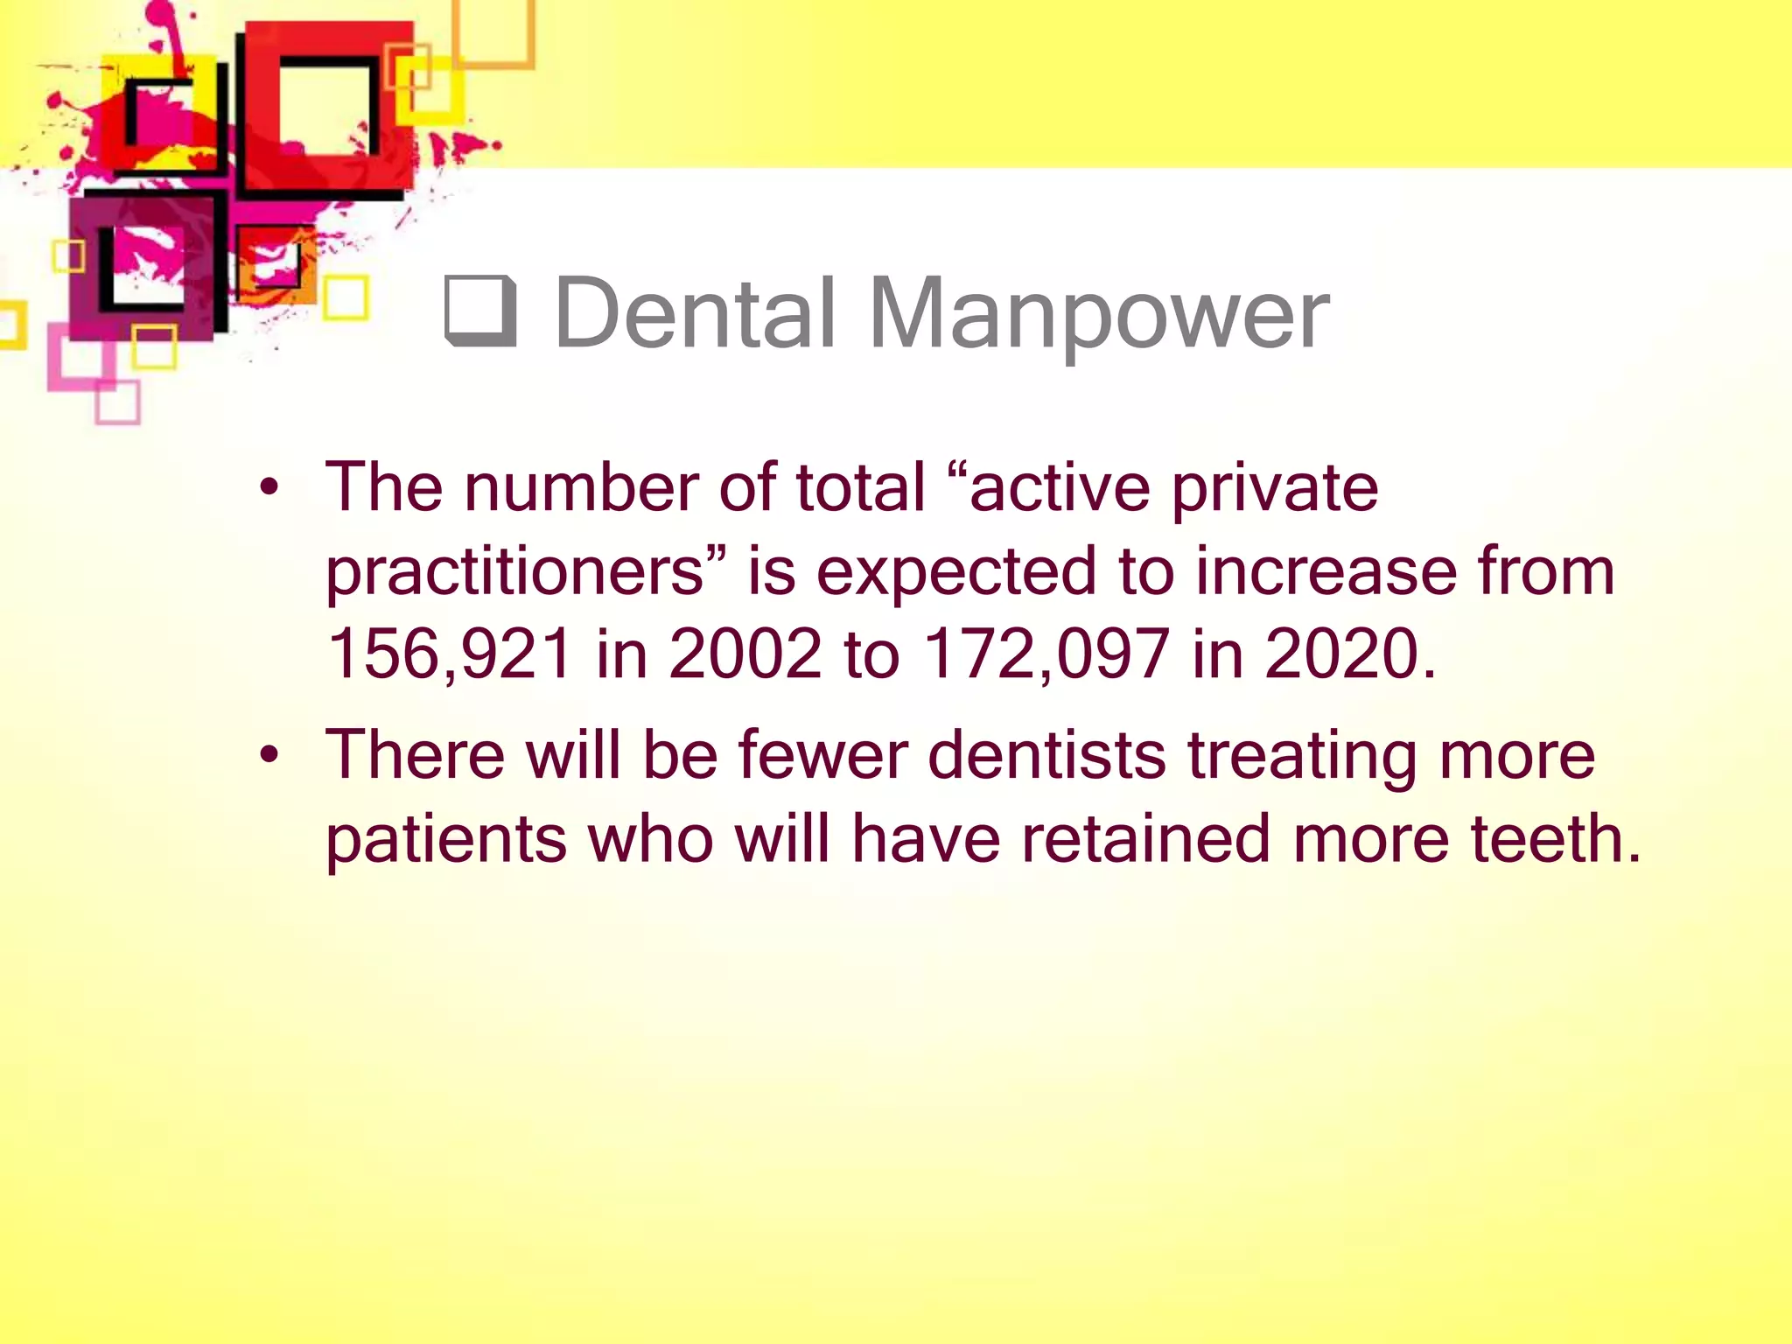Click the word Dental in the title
[x=696, y=313]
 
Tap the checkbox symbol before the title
[x=480, y=311]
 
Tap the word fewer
[x=822, y=754]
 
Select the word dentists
[x=1046, y=754]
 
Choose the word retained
[x=1145, y=838]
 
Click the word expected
[x=955, y=571]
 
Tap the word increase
[x=1326, y=571]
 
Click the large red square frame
[x=325, y=105]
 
